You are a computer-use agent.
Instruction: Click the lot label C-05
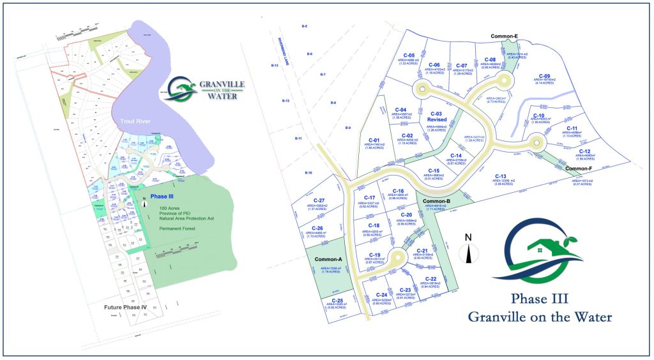click(409, 56)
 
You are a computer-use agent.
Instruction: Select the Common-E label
click(504, 36)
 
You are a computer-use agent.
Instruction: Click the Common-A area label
click(329, 259)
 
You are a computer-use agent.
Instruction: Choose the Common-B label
click(437, 201)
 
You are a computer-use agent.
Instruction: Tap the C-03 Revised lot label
click(437, 116)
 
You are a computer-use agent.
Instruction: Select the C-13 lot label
click(499, 176)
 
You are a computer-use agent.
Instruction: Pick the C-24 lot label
click(382, 295)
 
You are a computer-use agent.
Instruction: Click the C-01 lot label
click(374, 140)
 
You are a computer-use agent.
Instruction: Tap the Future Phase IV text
click(126, 307)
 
